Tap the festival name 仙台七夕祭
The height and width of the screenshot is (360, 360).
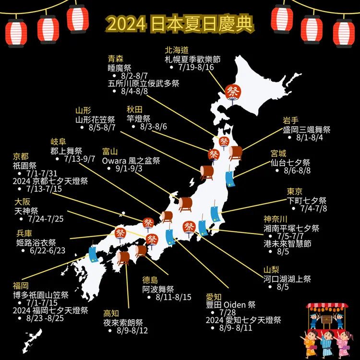pyautogui.click(x=291, y=162)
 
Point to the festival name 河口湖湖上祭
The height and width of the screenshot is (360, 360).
pyautogui.click(x=287, y=278)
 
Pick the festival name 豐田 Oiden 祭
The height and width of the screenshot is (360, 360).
pyautogui.click(x=230, y=304)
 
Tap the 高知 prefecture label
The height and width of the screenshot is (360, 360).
pyautogui.click(x=111, y=313)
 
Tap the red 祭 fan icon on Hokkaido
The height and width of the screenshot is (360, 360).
pyautogui.click(x=232, y=92)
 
